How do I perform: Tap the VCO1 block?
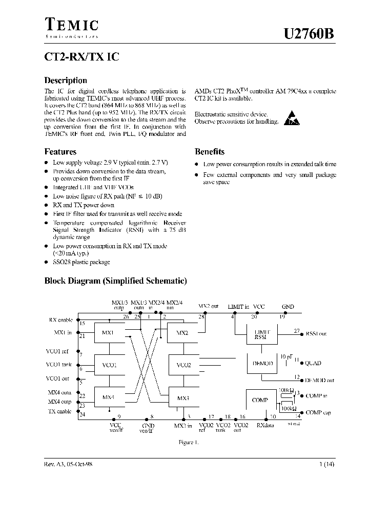click(x=110, y=365)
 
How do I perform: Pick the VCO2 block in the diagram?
click(x=183, y=365)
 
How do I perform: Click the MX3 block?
click(x=183, y=398)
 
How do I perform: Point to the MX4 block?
click(x=108, y=397)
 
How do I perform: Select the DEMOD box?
click(x=263, y=363)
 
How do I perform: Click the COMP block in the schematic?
click(x=261, y=400)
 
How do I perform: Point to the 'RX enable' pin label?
click(x=60, y=320)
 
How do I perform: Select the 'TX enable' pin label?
click(x=60, y=411)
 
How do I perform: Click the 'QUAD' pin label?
click(x=314, y=363)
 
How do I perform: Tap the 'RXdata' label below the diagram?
click(x=265, y=425)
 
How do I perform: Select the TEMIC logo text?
click(x=72, y=25)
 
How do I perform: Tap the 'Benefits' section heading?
click(x=209, y=152)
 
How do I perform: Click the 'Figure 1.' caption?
click(x=188, y=442)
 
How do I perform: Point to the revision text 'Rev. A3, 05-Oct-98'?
click(x=68, y=464)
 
